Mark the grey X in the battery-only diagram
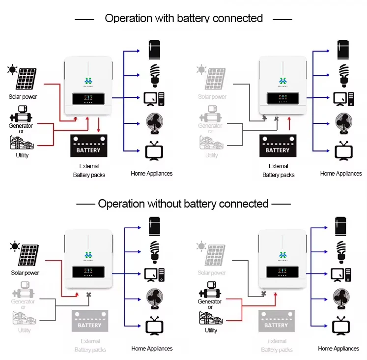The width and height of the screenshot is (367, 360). click(276, 119)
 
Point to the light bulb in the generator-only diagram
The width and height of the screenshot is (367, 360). click(340, 249)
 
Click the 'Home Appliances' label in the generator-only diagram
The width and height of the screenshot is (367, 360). click(339, 349)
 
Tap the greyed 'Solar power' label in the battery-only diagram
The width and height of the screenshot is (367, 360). click(212, 97)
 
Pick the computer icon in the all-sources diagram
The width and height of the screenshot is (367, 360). click(154, 98)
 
